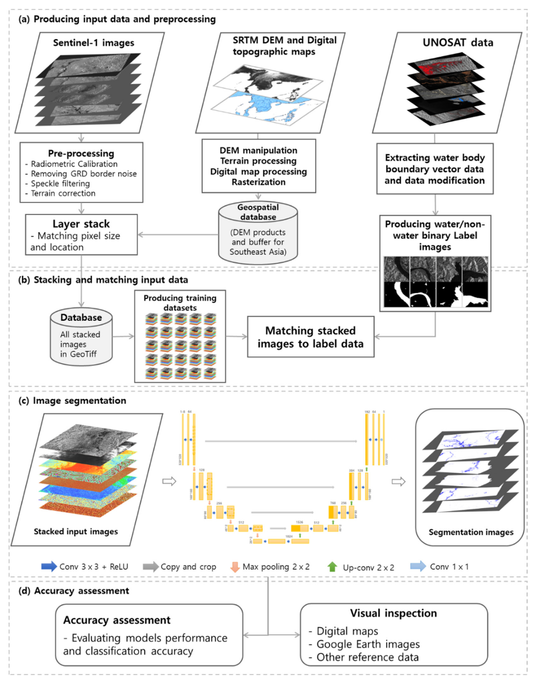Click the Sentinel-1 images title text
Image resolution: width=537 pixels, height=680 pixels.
[x=93, y=43]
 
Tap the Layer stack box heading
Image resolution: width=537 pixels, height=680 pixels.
[x=81, y=224]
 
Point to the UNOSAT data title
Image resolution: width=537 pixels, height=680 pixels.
[x=457, y=43]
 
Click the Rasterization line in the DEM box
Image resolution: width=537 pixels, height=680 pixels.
[x=258, y=182]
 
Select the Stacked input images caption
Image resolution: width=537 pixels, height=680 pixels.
[x=76, y=531]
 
